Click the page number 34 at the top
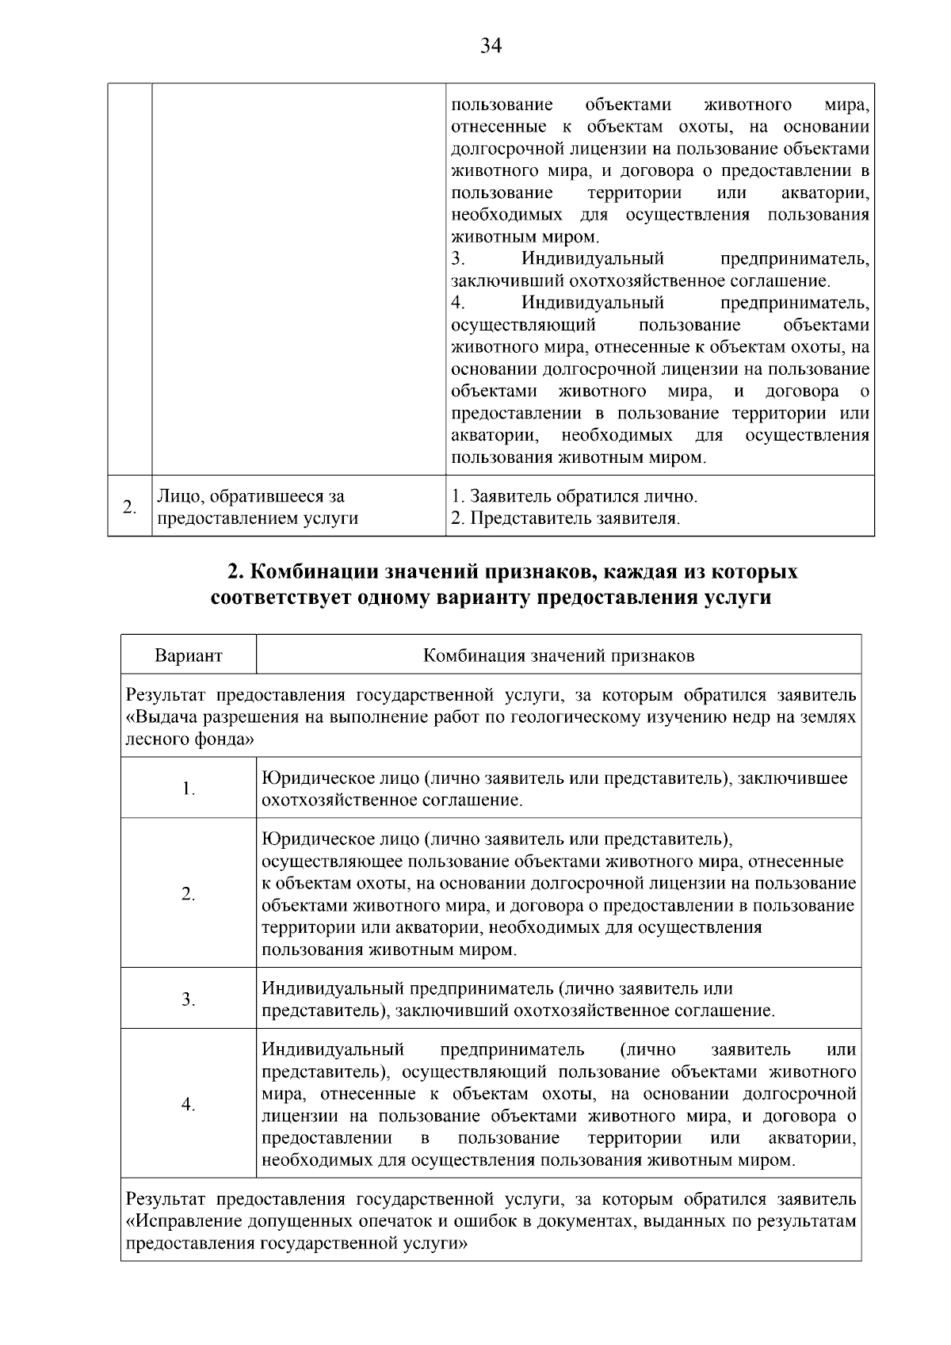[491, 46]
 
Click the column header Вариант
[189, 655]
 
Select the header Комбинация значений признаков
[559, 655]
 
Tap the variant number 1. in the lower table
[189, 789]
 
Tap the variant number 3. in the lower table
[189, 999]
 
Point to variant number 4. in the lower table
[189, 1105]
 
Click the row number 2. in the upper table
[129, 507]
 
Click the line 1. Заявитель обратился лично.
[575, 496]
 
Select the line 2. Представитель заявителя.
[566, 518]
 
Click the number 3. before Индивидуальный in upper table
[457, 259]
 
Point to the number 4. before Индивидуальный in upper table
[457, 303]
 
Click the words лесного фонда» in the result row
[190, 739]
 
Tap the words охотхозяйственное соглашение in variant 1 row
[392, 800]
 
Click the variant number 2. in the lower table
[189, 894]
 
